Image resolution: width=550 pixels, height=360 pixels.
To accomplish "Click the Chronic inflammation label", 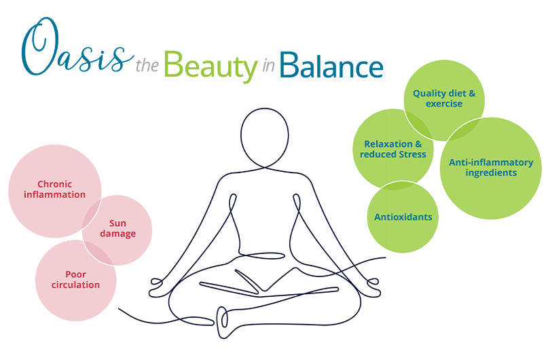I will click(55, 190).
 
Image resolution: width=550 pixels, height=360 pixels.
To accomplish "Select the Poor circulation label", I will click(75, 280).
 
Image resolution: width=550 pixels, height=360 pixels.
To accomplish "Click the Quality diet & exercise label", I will click(444, 98).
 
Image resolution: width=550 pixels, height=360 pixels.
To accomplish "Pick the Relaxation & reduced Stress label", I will click(394, 149).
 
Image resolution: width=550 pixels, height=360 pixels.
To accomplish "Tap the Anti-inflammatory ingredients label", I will click(491, 168).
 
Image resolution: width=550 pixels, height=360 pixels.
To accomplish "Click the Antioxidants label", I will click(403, 217).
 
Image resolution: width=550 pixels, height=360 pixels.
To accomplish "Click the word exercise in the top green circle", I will click(444, 104).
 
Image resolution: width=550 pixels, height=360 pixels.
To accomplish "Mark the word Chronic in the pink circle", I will click(55, 184).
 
